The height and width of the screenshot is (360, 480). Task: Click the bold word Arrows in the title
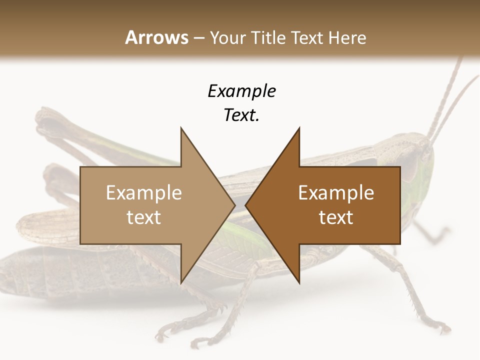pos(156,37)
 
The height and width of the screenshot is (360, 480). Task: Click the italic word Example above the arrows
pos(241,91)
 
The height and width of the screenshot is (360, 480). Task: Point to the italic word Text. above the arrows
pos(241,115)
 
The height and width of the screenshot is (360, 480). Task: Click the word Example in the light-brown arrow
pos(144,192)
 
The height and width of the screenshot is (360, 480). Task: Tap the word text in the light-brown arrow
pos(144,217)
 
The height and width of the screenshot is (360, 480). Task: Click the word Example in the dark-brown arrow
pos(336,192)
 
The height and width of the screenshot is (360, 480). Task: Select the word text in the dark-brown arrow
pos(336,217)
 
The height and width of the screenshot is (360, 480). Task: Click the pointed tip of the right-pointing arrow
pos(235,205)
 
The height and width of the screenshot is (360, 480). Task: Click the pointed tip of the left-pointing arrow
pos(245,205)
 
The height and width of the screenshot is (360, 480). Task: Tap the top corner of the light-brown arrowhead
pos(181,128)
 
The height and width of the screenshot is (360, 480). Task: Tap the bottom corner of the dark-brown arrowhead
pos(299,283)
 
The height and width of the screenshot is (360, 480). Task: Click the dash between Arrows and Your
pos(198,38)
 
